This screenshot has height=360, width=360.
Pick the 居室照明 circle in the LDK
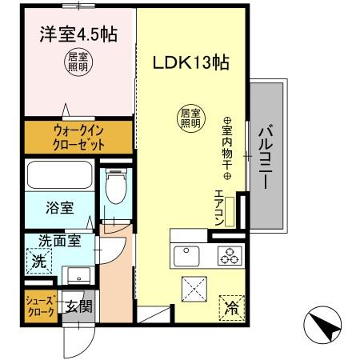coord(188,118)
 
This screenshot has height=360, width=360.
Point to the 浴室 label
coord(62,208)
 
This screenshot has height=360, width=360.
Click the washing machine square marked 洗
coord(38,259)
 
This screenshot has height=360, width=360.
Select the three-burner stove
coord(230,256)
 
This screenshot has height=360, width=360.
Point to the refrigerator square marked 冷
coord(230,304)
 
